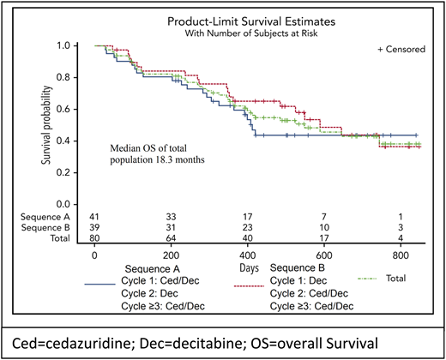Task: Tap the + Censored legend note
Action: pyautogui.click(x=401, y=51)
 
